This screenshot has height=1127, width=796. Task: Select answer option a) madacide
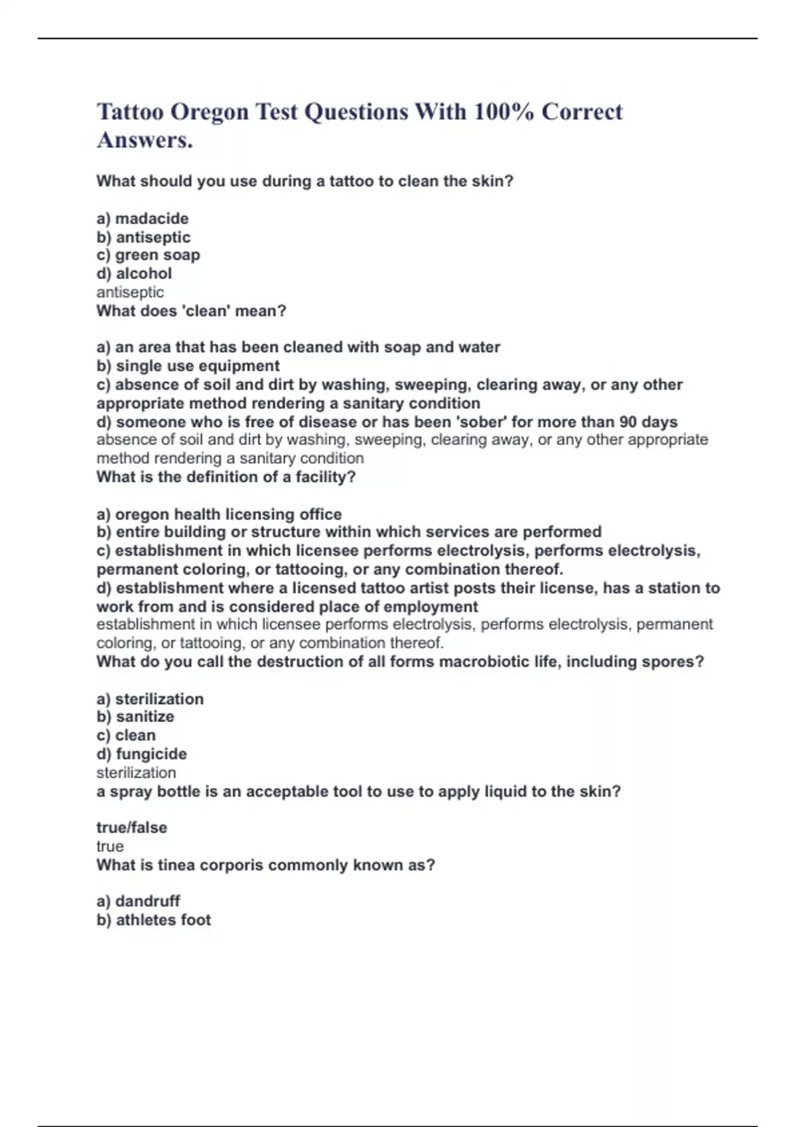point(143,219)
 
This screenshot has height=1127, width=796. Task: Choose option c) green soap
point(148,255)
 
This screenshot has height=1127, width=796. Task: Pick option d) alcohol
point(134,274)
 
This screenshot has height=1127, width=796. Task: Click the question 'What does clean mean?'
point(191,311)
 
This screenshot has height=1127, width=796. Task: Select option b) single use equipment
point(188,366)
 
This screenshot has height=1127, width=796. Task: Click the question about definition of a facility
point(226,477)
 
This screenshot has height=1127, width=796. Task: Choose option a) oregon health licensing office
point(219,514)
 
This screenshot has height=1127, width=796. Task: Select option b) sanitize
point(135,717)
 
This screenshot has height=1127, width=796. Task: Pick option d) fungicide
point(141,754)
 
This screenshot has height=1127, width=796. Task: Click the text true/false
point(131,827)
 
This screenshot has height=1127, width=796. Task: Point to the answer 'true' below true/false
point(110,847)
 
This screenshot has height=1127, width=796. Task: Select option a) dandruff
point(138,902)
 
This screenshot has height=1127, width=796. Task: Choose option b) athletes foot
point(154,920)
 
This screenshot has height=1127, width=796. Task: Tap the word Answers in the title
point(145,141)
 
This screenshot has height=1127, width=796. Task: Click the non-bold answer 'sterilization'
point(136,773)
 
